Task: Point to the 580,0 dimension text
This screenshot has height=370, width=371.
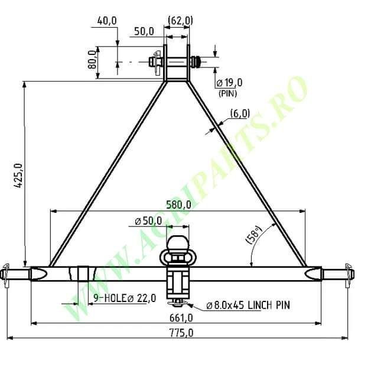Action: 179,204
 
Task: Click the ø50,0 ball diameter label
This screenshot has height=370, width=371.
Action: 148,220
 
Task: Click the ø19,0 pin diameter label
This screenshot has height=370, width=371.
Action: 230,83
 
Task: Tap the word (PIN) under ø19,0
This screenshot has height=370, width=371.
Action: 228,93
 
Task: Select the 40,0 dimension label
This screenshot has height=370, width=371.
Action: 106,20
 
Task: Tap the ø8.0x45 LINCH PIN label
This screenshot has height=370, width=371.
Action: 248,305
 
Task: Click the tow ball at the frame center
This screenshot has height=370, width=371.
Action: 178,245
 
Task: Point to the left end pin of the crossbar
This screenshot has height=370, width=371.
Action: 17,274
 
